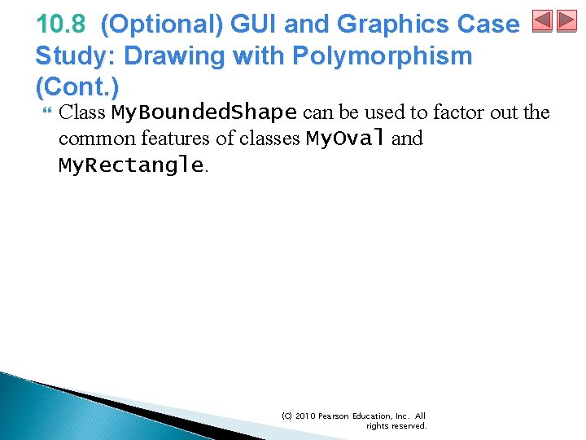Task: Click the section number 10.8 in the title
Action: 61,25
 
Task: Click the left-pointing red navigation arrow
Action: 542,21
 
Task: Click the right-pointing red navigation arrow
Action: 566,21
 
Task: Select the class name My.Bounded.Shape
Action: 203,112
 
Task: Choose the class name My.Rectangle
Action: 131,165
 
